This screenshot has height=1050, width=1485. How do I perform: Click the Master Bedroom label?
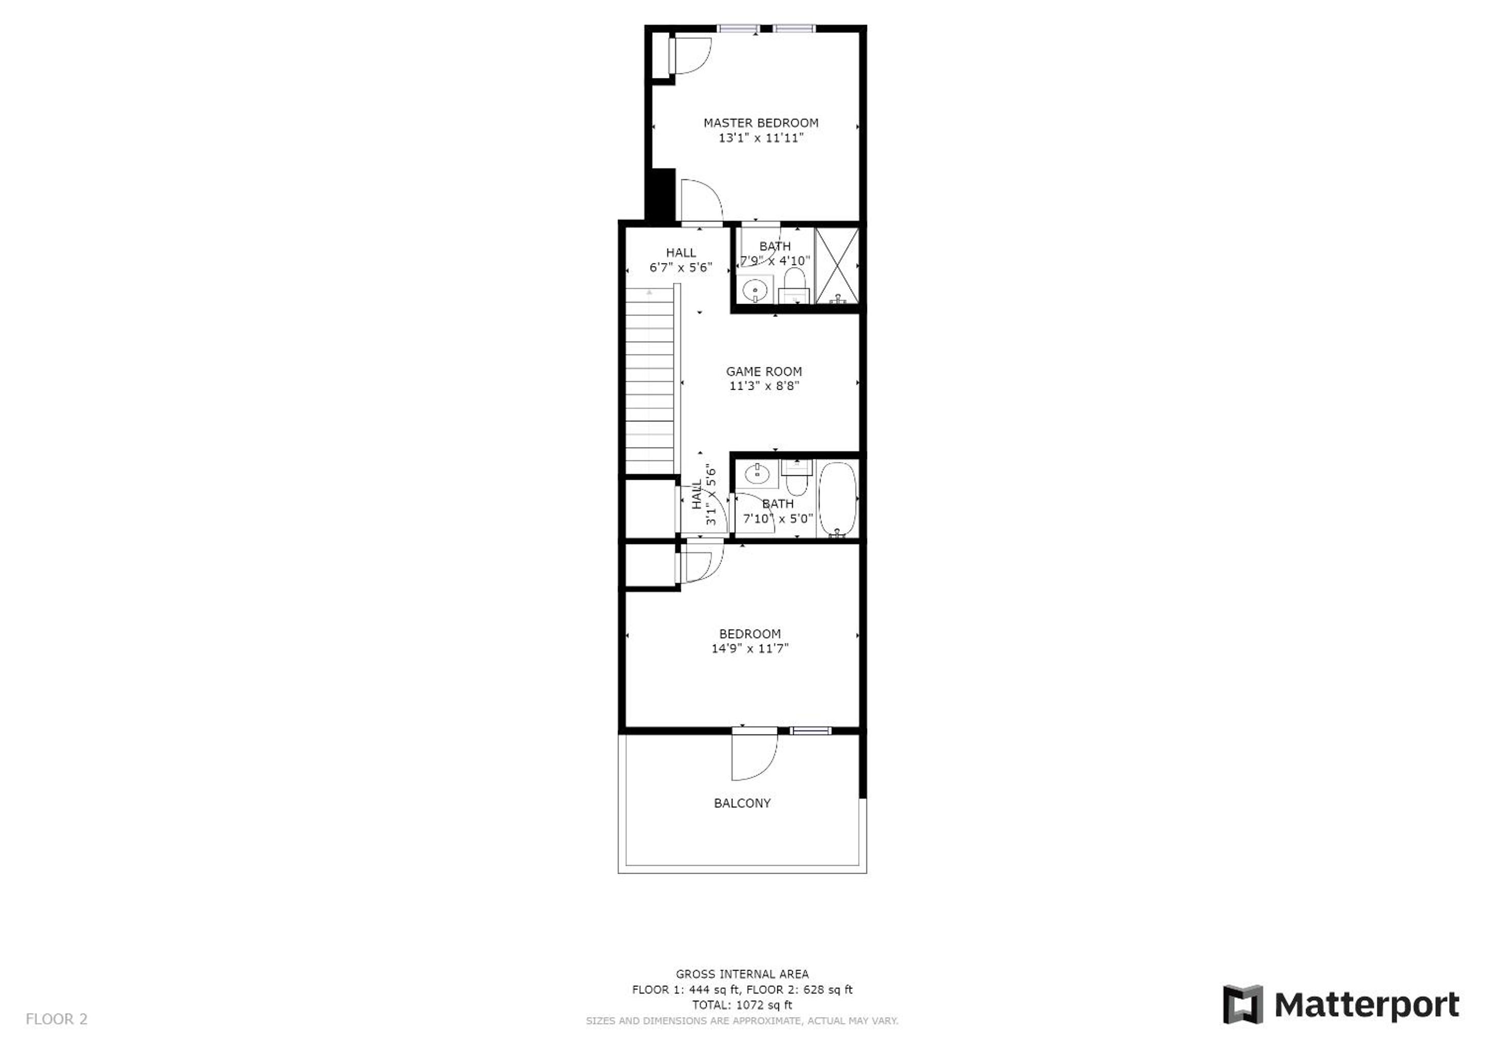pyautogui.click(x=761, y=123)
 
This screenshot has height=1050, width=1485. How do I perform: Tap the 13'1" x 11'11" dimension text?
pyautogui.click(x=761, y=138)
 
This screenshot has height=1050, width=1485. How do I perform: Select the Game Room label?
pyautogui.click(x=764, y=372)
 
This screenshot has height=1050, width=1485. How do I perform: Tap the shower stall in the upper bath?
pyautogui.click(x=837, y=265)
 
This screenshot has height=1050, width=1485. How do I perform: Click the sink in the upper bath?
pyautogui.click(x=754, y=291)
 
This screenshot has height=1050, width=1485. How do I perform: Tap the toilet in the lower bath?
pyautogui.click(x=796, y=477)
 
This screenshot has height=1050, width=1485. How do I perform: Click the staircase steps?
pyautogui.click(x=650, y=381)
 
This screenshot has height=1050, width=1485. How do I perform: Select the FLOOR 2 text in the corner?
pyautogui.click(x=56, y=1020)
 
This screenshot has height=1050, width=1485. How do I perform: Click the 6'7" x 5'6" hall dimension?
pyautogui.click(x=681, y=268)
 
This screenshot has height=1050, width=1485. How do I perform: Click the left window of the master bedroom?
pyautogui.click(x=738, y=28)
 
